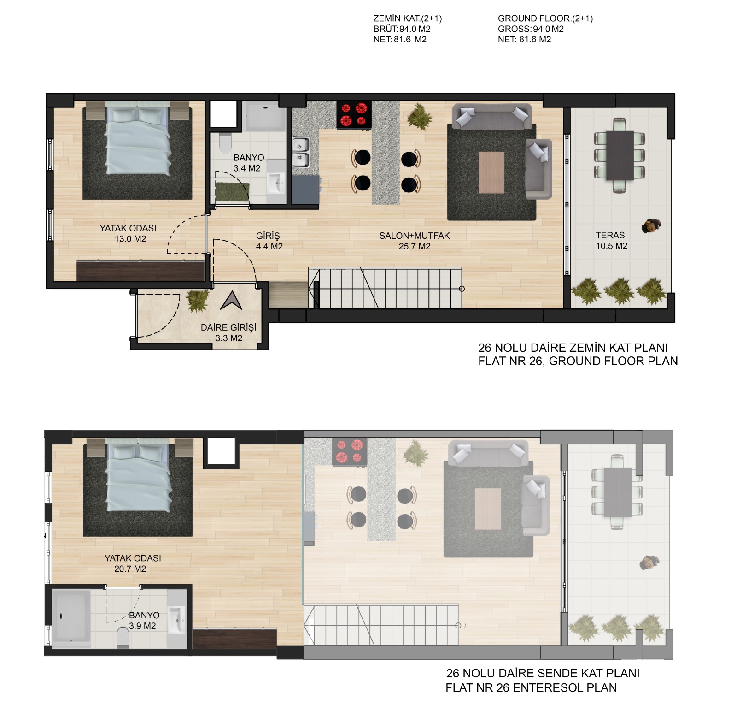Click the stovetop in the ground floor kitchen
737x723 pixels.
coord(354,115)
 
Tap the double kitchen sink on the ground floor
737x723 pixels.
coord(301,153)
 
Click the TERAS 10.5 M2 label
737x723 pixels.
coord(611,241)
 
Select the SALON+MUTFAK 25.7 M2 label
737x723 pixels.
coord(415,241)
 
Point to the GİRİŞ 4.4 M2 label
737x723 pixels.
coord(269,241)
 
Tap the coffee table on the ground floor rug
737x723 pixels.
coord(491,172)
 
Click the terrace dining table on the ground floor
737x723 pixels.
coord(620,155)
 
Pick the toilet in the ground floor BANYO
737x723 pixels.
coord(225,143)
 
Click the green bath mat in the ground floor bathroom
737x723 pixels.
coord(233,192)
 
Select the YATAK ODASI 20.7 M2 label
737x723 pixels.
coord(133,563)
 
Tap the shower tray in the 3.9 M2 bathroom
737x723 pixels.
coord(71,616)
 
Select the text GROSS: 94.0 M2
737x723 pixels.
coord(531,29)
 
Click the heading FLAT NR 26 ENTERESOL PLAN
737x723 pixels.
coord(531,687)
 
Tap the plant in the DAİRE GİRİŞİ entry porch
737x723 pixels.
coord(198,300)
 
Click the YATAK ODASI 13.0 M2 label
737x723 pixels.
coord(128,233)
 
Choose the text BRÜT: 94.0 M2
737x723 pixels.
coord(402,29)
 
